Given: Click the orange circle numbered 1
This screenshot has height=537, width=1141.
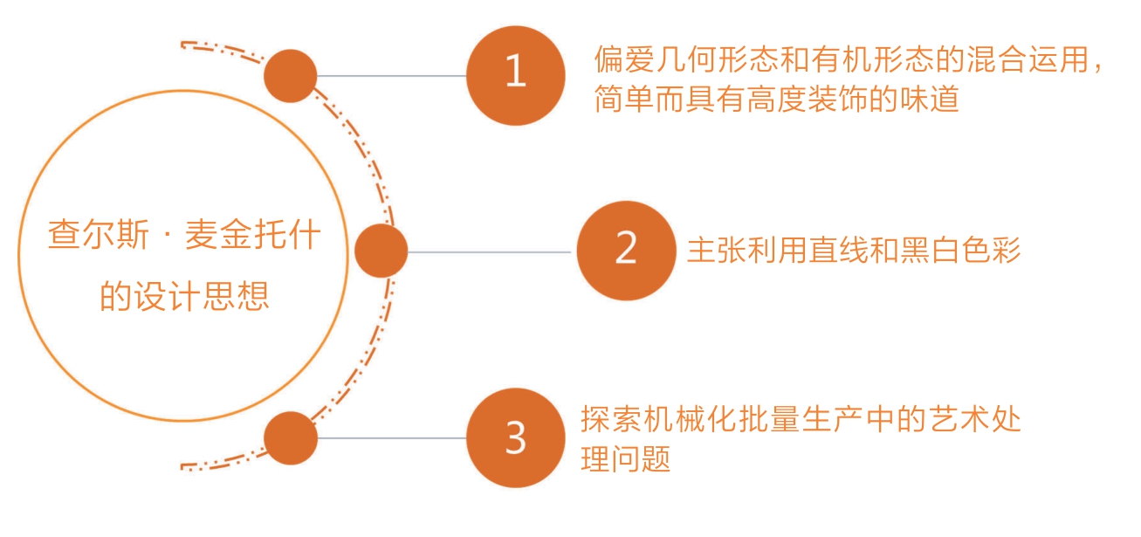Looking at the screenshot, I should tap(516, 74).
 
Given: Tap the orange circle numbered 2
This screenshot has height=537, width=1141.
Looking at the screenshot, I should tap(626, 251).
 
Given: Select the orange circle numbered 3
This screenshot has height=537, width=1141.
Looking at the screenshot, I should tap(516, 437).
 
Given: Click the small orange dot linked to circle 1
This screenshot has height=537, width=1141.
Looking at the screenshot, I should tap(290, 76).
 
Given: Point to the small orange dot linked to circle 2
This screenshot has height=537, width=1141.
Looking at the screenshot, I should tap(381, 251).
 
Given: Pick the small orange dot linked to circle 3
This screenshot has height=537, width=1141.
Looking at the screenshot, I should tap(291, 437).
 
